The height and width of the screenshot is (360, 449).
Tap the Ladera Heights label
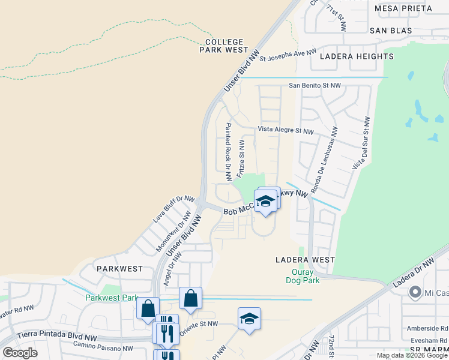[x=357, y=56]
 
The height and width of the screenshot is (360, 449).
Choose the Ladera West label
[x=305, y=260]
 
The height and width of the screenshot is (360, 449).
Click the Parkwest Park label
[x=112, y=298]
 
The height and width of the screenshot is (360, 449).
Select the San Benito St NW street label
[x=315, y=86]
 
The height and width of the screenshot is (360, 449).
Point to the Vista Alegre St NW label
[x=286, y=130]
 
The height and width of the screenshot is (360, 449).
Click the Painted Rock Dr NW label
[x=228, y=152]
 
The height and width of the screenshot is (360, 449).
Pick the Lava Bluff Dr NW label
[x=173, y=209]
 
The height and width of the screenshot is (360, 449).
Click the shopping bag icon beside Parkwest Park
[x=148, y=308]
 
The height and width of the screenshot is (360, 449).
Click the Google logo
[x=20, y=353]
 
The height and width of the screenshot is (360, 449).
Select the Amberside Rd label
[x=430, y=329]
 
